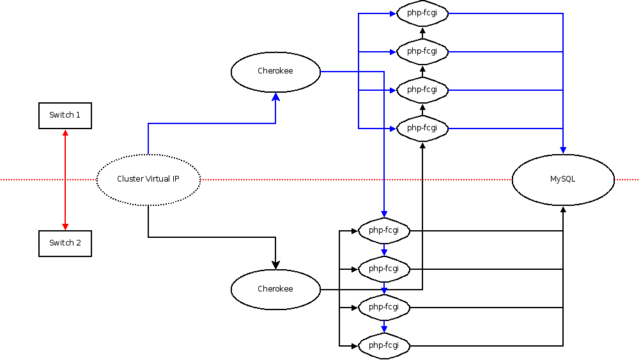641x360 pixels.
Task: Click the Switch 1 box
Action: pyautogui.click(x=65, y=116)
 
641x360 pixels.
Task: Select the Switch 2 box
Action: pyautogui.click(x=65, y=243)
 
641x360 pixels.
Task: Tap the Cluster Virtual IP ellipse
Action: pyautogui.click(x=148, y=180)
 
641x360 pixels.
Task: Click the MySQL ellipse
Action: pyautogui.click(x=562, y=180)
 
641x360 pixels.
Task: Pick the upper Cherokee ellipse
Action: pyautogui.click(x=275, y=71)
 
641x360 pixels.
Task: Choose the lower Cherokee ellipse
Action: pyautogui.click(x=275, y=289)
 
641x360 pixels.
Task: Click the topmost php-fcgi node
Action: pyautogui.click(x=422, y=13)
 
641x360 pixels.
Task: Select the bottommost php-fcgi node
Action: pyautogui.click(x=383, y=346)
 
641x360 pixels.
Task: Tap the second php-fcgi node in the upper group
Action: pyautogui.click(x=422, y=51)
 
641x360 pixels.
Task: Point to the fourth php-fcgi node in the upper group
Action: pyautogui.click(x=422, y=128)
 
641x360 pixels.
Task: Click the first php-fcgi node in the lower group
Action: pyautogui.click(x=383, y=230)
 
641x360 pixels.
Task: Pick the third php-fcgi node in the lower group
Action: pyautogui.click(x=383, y=308)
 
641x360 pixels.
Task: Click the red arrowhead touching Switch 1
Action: pyautogui.click(x=65, y=133)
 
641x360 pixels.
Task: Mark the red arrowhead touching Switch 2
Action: pyautogui.click(x=65, y=226)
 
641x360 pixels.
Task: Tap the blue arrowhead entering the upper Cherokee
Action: pyautogui.click(x=275, y=97)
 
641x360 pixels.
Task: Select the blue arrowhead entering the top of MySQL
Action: pyautogui.click(x=562, y=150)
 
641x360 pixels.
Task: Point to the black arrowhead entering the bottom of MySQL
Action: pyautogui.click(x=562, y=210)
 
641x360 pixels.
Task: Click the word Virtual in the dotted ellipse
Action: pyautogui.click(x=157, y=179)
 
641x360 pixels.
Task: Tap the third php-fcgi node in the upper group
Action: pyautogui.click(x=422, y=90)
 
